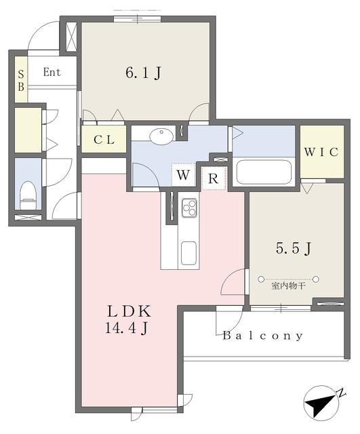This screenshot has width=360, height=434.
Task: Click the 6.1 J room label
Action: point(143,73)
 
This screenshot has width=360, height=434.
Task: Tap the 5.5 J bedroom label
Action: point(294,248)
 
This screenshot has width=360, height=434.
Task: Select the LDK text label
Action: point(129,311)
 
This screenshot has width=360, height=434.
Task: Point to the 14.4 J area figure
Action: point(126,328)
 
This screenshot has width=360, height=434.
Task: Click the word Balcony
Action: point(262,336)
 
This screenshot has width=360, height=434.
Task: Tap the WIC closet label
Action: point(321,152)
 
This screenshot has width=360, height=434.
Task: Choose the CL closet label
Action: point(104,140)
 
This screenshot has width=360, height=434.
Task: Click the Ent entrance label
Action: point(52,73)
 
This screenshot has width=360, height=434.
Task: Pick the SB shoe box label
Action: point(21,81)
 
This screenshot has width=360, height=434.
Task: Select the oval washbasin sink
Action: point(161,136)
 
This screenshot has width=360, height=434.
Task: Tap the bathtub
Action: point(264,172)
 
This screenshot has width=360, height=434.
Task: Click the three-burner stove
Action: point(189,208)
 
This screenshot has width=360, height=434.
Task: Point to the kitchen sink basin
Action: point(188,253)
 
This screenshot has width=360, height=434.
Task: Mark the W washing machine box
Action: point(183,175)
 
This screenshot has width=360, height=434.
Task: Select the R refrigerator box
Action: point(214,178)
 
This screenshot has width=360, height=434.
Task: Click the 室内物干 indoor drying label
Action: point(288,286)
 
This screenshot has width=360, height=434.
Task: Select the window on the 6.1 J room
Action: point(137,19)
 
